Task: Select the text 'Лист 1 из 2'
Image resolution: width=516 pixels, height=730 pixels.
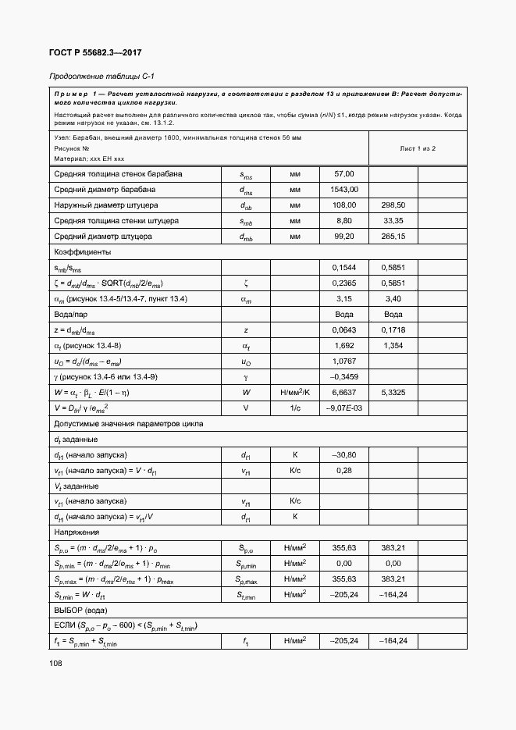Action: [418, 148]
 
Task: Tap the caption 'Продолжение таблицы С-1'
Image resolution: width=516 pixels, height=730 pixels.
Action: [96, 77]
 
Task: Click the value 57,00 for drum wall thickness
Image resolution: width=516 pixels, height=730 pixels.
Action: [344, 173]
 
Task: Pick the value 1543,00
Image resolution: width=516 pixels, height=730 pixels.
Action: [344, 189]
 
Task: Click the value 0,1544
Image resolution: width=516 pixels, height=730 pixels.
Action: [344, 268]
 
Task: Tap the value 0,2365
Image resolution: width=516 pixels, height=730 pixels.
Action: [344, 283]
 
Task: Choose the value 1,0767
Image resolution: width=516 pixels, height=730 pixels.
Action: [344, 361]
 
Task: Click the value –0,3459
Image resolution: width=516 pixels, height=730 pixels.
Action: [344, 376]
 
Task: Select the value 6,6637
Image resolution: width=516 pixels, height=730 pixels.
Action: [344, 392]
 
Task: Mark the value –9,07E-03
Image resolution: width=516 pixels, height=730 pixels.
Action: [344, 408]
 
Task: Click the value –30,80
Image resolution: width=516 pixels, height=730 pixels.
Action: [344, 454]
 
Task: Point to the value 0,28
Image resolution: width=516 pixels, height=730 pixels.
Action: [344, 470]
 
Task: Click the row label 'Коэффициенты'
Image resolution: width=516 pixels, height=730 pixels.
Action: [82, 252]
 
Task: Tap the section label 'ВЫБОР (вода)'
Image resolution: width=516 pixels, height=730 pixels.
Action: [80, 609]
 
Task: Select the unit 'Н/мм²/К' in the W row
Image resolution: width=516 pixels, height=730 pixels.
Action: [295, 392]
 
